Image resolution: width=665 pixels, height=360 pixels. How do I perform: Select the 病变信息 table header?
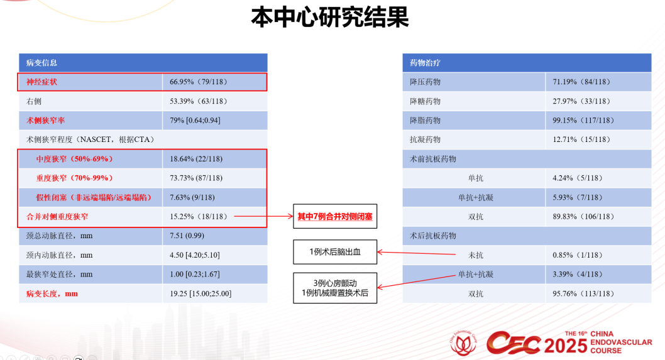point(41,63)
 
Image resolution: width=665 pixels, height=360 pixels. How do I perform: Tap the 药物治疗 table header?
point(425,63)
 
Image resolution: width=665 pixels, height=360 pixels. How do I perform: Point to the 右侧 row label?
point(34,101)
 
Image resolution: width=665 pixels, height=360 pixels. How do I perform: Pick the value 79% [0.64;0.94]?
point(195,120)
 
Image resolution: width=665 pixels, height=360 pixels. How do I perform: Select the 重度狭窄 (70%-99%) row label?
point(74,178)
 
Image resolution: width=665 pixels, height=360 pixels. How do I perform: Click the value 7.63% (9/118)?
point(192,197)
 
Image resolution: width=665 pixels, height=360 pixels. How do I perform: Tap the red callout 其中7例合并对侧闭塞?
point(335,217)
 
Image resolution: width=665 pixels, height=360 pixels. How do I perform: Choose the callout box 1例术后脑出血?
point(335,251)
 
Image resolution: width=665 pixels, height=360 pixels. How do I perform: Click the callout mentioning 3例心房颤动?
point(335,288)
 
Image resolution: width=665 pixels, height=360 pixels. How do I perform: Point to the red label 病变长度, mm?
point(52,293)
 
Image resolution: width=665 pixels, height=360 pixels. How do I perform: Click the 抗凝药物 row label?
point(425,139)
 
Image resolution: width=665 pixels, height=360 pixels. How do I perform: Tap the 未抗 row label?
point(476,255)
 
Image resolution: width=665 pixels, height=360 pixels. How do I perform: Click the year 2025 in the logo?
point(566,344)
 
